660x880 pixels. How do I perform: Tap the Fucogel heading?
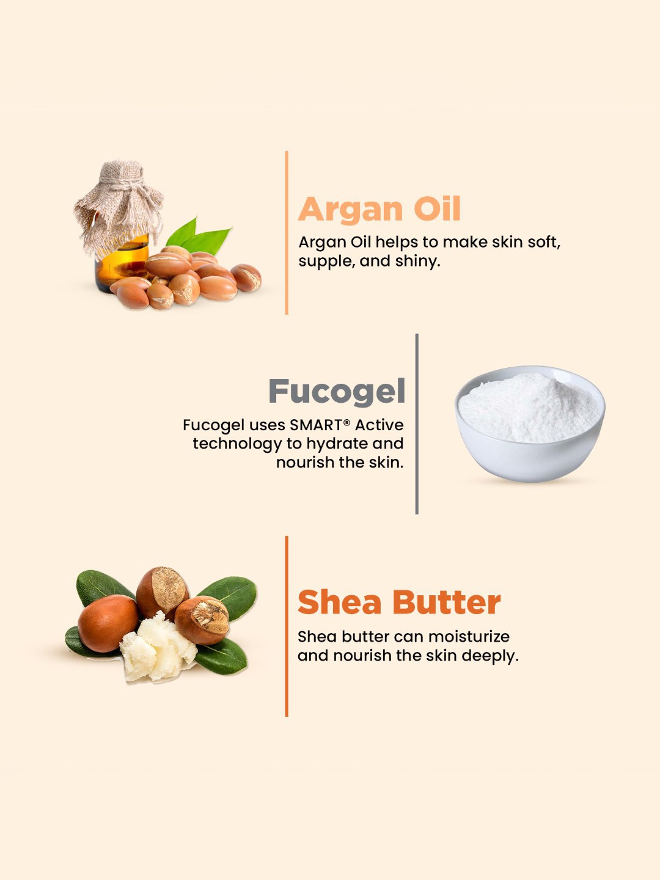[x=337, y=391]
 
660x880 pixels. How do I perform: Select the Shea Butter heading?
[x=399, y=602]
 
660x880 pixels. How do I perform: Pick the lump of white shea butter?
[x=156, y=647]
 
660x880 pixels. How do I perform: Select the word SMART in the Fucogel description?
[x=316, y=425]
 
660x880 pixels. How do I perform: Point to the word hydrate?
[x=337, y=444]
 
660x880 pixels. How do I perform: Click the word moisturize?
[x=469, y=636]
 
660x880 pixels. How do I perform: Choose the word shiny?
[x=417, y=261]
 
